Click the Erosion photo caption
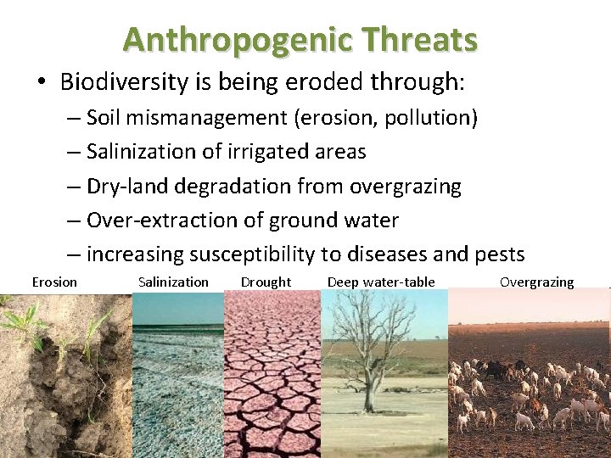point(54,282)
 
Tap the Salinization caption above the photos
point(173,282)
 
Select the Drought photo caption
point(266,282)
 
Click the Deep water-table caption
point(381,282)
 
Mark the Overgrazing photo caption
point(536,282)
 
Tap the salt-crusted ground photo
point(177,382)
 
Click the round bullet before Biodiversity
point(42,83)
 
